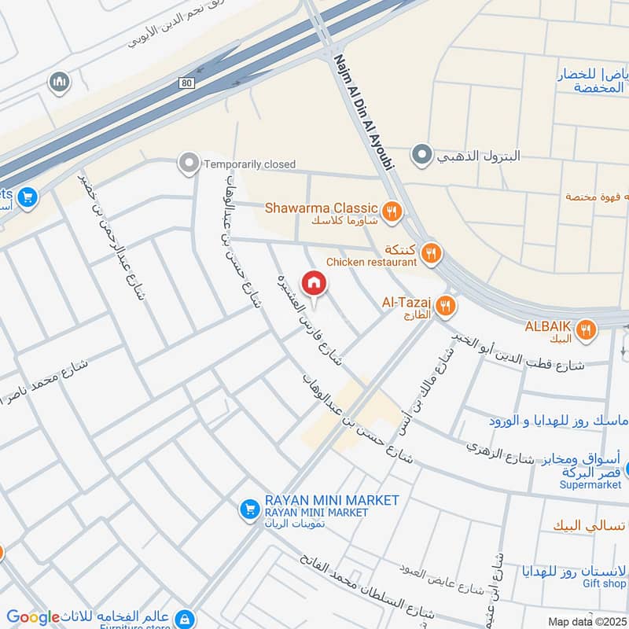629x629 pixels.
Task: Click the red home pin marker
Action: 314,283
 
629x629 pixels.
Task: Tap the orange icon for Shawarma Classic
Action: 392,210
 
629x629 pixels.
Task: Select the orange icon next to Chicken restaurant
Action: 431,253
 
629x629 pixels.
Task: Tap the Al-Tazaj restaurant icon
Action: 446,305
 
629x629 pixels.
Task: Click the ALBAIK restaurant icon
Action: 585,331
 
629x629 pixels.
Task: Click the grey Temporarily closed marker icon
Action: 189,164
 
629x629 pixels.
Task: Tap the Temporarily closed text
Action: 249,164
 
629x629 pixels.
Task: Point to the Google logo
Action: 33,617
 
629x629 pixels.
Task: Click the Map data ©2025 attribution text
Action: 585,621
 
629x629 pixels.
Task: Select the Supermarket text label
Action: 590,484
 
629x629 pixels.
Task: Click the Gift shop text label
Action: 604,583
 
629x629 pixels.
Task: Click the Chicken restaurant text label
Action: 370,262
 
